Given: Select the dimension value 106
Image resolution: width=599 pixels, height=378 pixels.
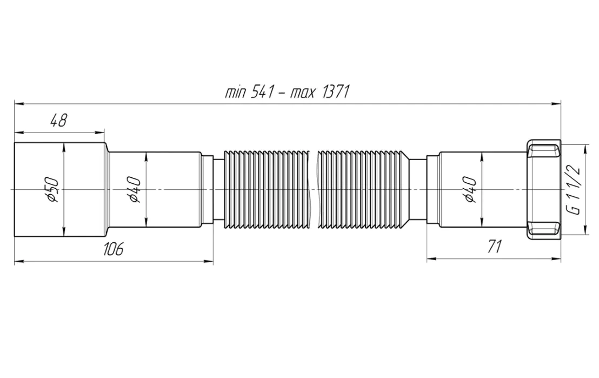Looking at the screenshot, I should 113,249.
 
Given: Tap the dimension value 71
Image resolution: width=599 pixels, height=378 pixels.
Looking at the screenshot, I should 493,247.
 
